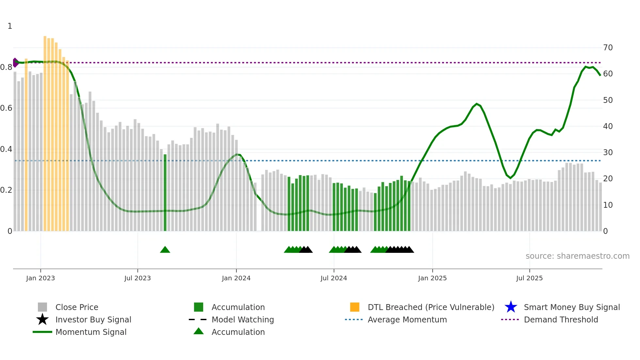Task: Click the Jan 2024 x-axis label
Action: [236, 278]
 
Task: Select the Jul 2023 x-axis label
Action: [137, 278]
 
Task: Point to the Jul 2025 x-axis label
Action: [529, 278]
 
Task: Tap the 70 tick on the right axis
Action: [608, 48]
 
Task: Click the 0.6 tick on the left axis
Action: [6, 108]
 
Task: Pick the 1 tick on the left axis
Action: [10, 26]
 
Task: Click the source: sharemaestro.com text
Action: [577, 256]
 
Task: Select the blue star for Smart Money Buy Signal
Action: [511, 307]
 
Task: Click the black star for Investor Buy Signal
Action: [42, 319]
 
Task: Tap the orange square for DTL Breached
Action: [355, 307]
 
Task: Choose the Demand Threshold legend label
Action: [561, 319]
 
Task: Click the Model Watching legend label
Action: [243, 319]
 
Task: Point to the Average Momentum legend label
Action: [407, 319]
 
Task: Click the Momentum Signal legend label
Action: [91, 332]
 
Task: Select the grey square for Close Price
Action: [42, 307]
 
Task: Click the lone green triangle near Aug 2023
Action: [165, 250]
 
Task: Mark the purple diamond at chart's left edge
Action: [15, 63]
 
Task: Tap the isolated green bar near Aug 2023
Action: [165, 193]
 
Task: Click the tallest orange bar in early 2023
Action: [45, 131]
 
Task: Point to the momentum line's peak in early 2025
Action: [477, 104]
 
